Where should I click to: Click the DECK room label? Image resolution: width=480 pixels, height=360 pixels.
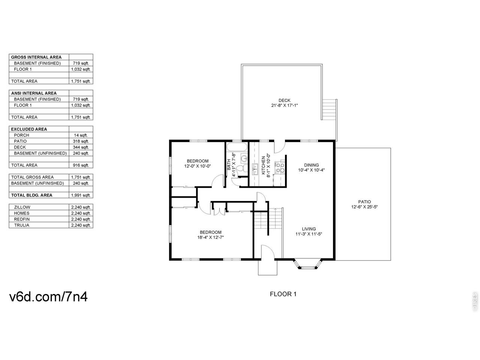pyautogui.click(x=284, y=100)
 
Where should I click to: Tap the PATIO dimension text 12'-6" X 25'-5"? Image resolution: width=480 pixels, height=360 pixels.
pyautogui.click(x=364, y=207)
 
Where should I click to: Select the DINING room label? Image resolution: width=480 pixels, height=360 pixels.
pyautogui.click(x=311, y=165)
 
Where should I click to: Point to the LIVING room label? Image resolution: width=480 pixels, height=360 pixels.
pyautogui.click(x=309, y=229)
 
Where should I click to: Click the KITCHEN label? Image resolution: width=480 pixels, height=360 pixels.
pyautogui.click(x=263, y=165)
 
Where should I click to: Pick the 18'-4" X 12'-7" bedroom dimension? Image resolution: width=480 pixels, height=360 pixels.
pyautogui.click(x=210, y=237)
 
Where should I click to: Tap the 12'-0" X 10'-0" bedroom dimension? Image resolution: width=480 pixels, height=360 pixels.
pyautogui.click(x=197, y=166)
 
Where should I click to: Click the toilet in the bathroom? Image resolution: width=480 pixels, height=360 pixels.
pyautogui.click(x=242, y=169)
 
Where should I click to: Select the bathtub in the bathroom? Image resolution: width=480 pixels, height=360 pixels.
pyautogui.click(x=237, y=147)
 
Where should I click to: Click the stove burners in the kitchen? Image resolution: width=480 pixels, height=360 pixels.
pyautogui.click(x=280, y=167)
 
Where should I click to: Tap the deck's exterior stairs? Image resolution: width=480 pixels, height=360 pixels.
pyautogui.click(x=329, y=109)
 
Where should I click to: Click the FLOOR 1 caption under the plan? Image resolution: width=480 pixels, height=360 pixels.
pyautogui.click(x=283, y=294)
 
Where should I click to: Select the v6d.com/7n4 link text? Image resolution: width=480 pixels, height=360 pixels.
pyautogui.click(x=48, y=297)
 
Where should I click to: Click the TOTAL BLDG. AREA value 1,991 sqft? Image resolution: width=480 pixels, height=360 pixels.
pyautogui.click(x=81, y=195)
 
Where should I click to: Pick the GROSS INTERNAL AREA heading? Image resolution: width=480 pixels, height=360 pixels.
pyautogui.click(x=36, y=57)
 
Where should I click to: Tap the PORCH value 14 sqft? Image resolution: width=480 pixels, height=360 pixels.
pyautogui.click(x=81, y=135)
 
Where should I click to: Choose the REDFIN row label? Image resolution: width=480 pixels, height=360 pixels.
pyautogui.click(x=22, y=219)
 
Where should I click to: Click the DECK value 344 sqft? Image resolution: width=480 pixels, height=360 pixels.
pyautogui.click(x=81, y=147)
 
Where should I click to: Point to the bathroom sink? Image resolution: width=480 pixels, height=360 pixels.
pyautogui.click(x=244, y=157)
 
